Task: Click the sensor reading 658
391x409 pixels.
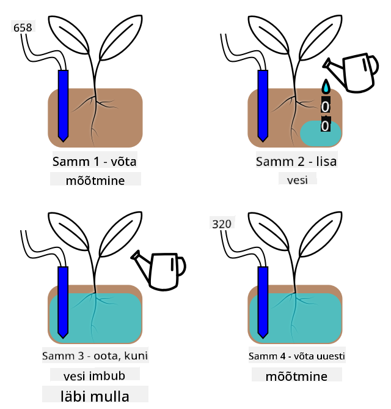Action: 23,28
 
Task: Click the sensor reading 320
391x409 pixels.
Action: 222,224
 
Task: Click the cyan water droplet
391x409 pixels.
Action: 326,86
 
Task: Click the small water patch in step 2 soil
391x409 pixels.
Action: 321,133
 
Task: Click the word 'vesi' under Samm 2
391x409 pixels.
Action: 298,180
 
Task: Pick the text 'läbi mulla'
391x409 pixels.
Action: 95,396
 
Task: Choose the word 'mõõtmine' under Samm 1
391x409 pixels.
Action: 95,181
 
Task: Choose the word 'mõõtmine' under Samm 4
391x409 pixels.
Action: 296,377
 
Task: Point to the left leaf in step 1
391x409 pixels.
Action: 69,35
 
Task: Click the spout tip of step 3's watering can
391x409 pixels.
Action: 134,256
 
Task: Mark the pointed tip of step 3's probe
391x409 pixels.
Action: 63,339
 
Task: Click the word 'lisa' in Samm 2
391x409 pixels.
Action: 326,162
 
